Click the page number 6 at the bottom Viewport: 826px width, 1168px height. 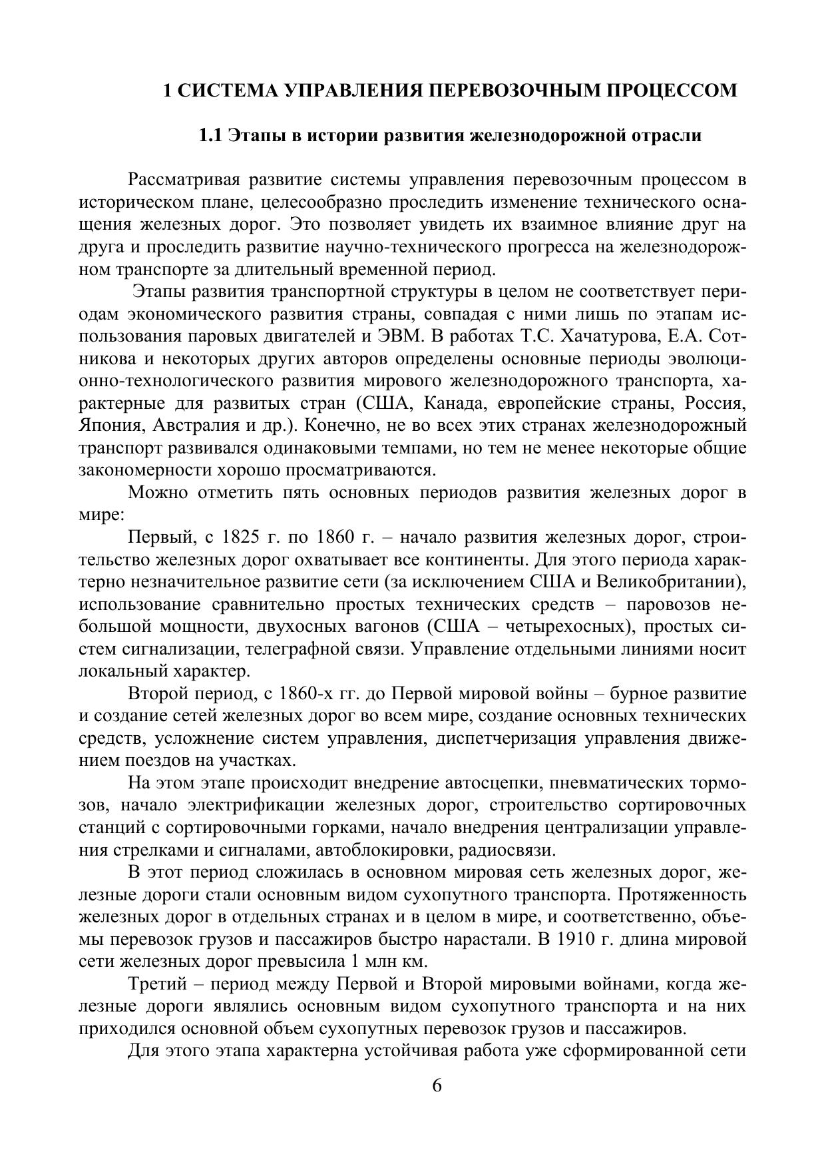(x=437, y=1085)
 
